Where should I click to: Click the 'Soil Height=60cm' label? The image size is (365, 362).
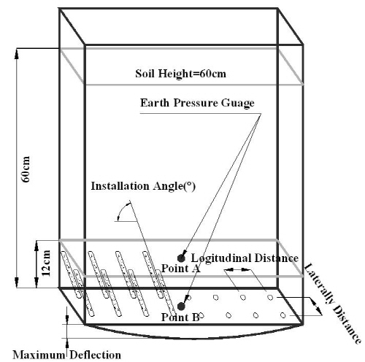180,74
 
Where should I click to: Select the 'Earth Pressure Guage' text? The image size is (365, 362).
197,103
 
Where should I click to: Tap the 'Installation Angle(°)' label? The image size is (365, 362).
143,186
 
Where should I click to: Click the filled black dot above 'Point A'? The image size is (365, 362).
181,258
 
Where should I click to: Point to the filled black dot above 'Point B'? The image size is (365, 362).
181,307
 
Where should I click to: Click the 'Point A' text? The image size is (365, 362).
181,269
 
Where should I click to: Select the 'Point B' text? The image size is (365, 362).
180,317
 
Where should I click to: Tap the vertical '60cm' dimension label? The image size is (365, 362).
26,169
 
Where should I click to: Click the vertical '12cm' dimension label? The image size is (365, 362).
46,263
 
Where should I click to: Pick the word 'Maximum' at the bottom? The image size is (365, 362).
39,355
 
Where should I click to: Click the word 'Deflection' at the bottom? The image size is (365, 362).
96,355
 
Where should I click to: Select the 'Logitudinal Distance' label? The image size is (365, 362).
245,258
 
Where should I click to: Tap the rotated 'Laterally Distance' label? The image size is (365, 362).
333,304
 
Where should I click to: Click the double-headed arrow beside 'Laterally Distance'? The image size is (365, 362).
316,306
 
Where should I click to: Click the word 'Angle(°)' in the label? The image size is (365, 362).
174,187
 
